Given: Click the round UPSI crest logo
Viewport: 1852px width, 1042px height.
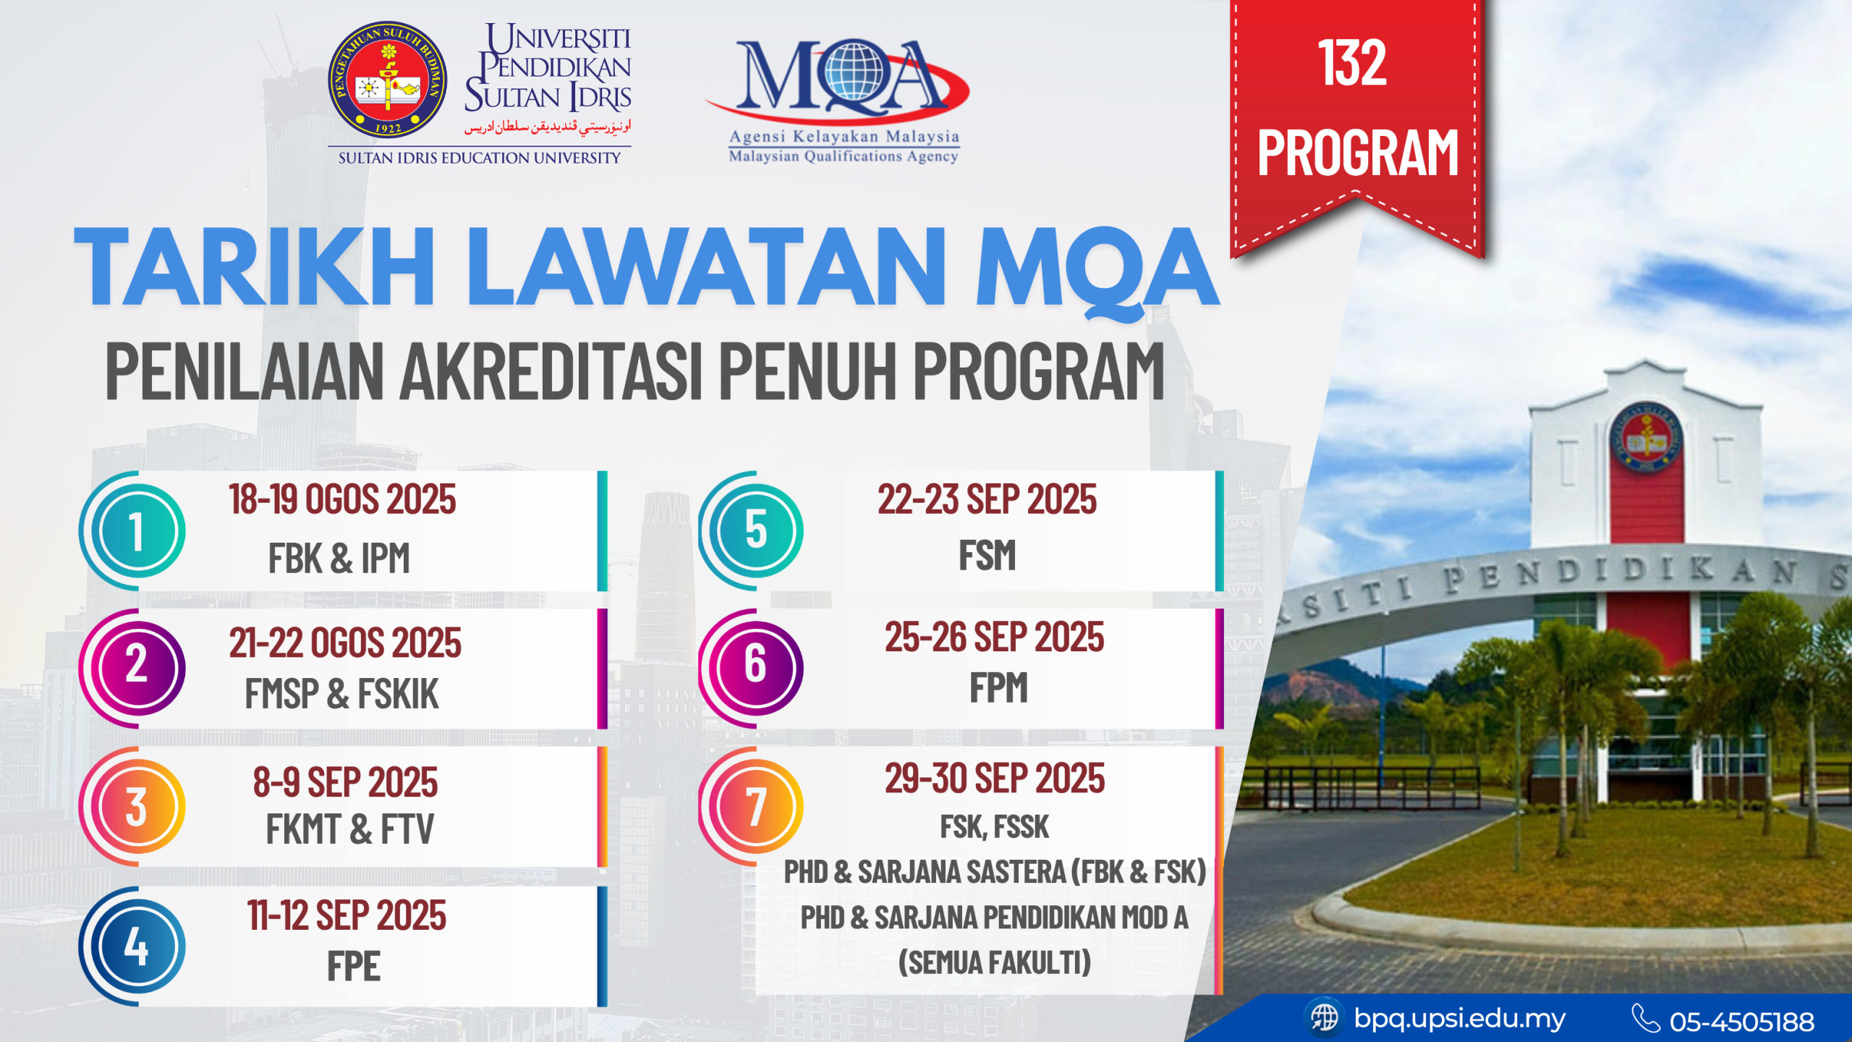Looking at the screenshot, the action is pos(387,80).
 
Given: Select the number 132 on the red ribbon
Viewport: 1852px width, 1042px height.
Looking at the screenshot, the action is pos(1352,63).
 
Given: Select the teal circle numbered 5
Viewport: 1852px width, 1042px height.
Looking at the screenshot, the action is pos(755,530).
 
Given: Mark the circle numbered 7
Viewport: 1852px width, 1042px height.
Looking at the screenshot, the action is pos(755,806).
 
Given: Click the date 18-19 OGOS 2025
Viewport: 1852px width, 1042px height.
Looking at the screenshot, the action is pos(342,499).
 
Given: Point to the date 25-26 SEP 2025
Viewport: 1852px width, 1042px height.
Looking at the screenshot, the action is pos(995,637).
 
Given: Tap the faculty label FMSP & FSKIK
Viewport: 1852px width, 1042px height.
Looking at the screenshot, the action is pos(341,693).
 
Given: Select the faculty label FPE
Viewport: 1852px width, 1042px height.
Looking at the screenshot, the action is pos(353,966).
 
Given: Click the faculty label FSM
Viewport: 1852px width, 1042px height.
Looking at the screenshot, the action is pos(987,555).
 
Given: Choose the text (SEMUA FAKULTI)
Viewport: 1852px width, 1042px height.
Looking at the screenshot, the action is pos(995,962).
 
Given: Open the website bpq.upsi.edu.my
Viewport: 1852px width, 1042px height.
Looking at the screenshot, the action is pos(1459,1018).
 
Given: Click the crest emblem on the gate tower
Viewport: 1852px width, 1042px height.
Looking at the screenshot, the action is pos(1647,439).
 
